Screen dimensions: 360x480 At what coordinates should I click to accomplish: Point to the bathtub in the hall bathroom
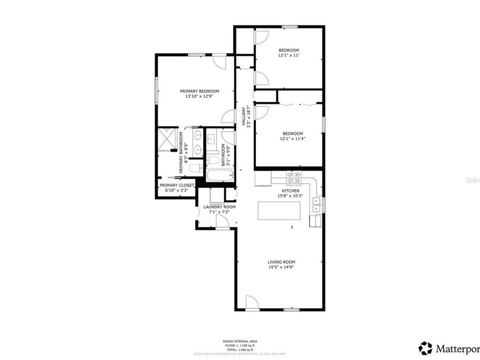pyautogui.click(x=217, y=175)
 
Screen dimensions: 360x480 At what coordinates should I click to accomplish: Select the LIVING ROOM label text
pyautogui.click(x=282, y=262)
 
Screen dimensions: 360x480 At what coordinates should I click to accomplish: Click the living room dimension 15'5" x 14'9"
pyautogui.click(x=282, y=267)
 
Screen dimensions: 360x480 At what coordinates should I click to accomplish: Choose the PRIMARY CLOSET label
pyautogui.click(x=177, y=185)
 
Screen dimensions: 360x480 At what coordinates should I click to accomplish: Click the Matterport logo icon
pyautogui.click(x=425, y=348)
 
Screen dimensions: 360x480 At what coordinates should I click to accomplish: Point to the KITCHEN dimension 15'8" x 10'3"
pyautogui.click(x=290, y=196)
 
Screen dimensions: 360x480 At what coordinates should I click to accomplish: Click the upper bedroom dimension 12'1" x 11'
pyautogui.click(x=289, y=55)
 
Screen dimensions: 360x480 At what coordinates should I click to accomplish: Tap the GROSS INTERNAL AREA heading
pyautogui.click(x=240, y=341)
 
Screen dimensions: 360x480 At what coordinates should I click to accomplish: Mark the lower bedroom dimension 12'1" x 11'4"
pyautogui.click(x=292, y=139)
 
